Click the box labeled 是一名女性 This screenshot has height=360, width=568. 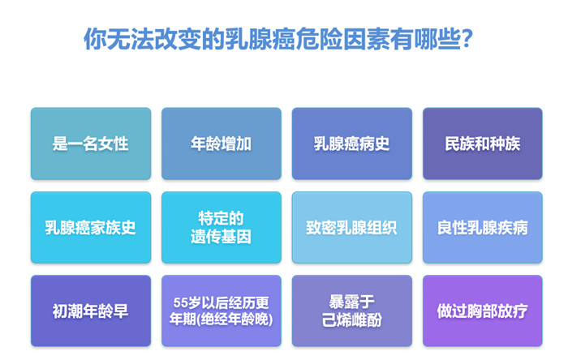(x=91, y=144)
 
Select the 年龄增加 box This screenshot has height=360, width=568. (x=222, y=144)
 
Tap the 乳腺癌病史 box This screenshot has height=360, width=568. (x=351, y=144)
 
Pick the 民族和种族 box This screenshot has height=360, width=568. (x=483, y=144)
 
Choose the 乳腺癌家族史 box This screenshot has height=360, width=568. (x=91, y=228)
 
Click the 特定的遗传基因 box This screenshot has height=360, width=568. (x=222, y=228)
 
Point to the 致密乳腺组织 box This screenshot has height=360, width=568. (x=351, y=228)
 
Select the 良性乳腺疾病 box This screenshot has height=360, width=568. (x=483, y=228)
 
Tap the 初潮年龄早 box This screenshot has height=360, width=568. (x=91, y=311)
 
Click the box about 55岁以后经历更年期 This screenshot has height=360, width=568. (x=222, y=311)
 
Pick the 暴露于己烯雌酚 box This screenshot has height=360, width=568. (x=351, y=311)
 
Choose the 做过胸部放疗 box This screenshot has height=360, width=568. (x=483, y=311)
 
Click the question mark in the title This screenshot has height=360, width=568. (x=467, y=39)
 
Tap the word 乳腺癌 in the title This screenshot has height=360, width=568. (x=260, y=39)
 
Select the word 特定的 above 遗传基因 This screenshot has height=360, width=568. (x=221, y=218)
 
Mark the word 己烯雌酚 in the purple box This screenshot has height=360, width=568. (x=351, y=319)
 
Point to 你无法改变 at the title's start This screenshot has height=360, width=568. (x=142, y=39)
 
